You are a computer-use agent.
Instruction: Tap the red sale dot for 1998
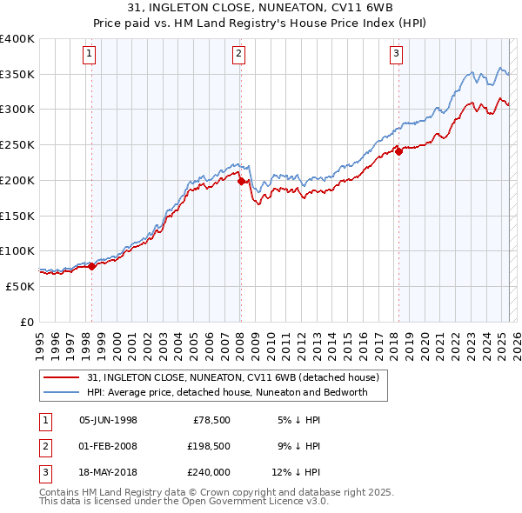pyautogui.click(x=91, y=266)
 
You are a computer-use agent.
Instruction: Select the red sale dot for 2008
pyautogui.click(x=241, y=182)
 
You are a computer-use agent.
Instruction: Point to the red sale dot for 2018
pyautogui.click(x=398, y=151)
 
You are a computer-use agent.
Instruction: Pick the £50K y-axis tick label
pyautogui.click(x=20, y=286)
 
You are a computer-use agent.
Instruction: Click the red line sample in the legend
pyautogui.click(x=61, y=378)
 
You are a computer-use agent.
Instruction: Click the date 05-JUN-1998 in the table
pyautogui.click(x=108, y=419)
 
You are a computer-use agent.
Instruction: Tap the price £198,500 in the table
pyautogui.click(x=208, y=446)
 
